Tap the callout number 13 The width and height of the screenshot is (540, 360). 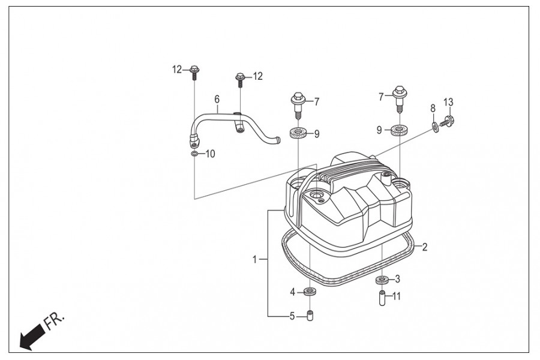pyautogui.click(x=448, y=103)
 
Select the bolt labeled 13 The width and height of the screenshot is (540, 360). pyautogui.click(x=448, y=121)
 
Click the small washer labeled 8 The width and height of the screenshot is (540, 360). pyautogui.click(x=436, y=127)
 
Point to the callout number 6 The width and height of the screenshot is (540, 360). pyautogui.click(x=217, y=99)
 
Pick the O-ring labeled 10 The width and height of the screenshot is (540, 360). pyautogui.click(x=194, y=153)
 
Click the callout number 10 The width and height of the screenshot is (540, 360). pyautogui.click(x=210, y=154)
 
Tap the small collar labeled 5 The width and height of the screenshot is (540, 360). pyautogui.click(x=310, y=316)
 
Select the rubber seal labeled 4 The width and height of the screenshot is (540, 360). pyautogui.click(x=310, y=292)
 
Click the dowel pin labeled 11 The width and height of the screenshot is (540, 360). pyautogui.click(x=382, y=298)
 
